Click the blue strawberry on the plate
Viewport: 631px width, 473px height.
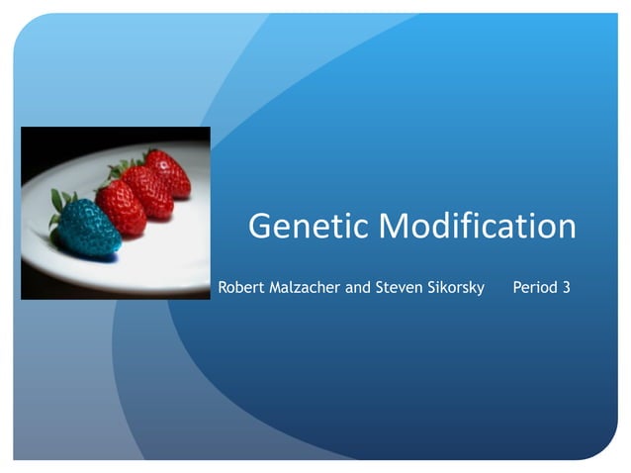[89, 227]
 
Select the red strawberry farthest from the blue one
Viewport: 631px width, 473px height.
[168, 172]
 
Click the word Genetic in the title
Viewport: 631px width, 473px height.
[310, 227]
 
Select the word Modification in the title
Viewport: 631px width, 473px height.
[478, 227]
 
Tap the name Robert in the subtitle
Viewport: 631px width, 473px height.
[242, 288]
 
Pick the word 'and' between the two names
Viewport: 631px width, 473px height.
[359, 288]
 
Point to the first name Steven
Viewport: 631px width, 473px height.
[400, 288]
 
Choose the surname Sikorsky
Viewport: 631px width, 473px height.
[456, 288]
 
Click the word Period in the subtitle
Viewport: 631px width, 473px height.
[535, 288]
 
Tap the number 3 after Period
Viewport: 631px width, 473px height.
[566, 288]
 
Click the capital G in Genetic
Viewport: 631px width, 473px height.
[261, 227]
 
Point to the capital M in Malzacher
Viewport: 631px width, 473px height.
[278, 288]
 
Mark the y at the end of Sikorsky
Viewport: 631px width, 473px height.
[482, 290]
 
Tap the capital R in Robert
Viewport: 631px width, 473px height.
[223, 288]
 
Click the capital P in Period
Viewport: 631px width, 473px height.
[517, 288]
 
